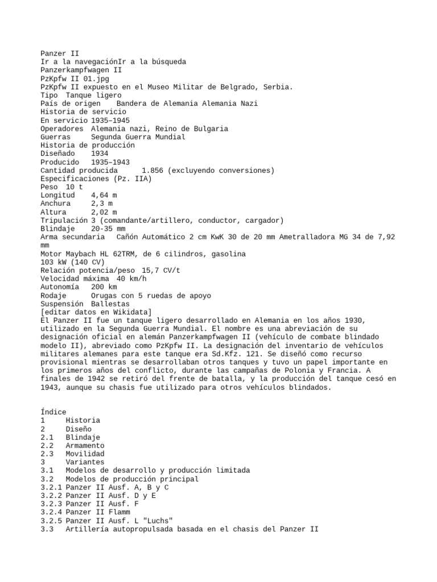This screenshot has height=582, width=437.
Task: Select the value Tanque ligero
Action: pos(98,95)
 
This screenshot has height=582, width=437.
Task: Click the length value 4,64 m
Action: pos(104,195)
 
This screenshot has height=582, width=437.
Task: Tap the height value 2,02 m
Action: pos(104,212)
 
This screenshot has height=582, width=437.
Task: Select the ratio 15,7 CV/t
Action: pos(161,271)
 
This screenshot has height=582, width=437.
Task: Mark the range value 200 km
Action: pos(104,287)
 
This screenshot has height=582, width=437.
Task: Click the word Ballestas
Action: pos(110,304)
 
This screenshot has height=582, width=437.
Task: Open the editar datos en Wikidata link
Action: pos(96,312)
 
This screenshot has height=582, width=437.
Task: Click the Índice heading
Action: pos(53,412)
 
